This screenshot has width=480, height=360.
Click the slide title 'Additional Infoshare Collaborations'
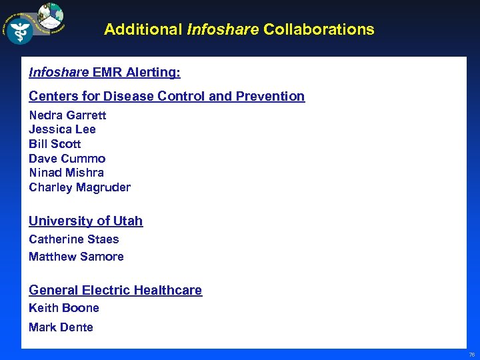(239, 29)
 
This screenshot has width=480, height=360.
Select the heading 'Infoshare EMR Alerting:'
(105, 71)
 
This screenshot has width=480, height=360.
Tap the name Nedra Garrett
(67, 115)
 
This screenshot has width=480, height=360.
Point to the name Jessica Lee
(62, 129)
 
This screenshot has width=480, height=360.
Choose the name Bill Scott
(55, 144)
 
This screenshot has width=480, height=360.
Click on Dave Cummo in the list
(67, 159)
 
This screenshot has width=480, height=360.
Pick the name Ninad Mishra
(66, 173)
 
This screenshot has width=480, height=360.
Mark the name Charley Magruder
(79, 187)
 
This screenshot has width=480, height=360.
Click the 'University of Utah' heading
(85, 221)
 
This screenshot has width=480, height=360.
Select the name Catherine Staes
(73, 239)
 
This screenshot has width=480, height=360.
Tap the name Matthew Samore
(76, 257)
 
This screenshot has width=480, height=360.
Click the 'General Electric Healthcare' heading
(115, 290)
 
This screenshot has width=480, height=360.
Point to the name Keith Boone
(63, 308)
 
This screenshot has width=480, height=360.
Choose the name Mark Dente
(61, 327)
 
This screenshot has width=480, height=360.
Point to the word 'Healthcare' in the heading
(167, 290)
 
